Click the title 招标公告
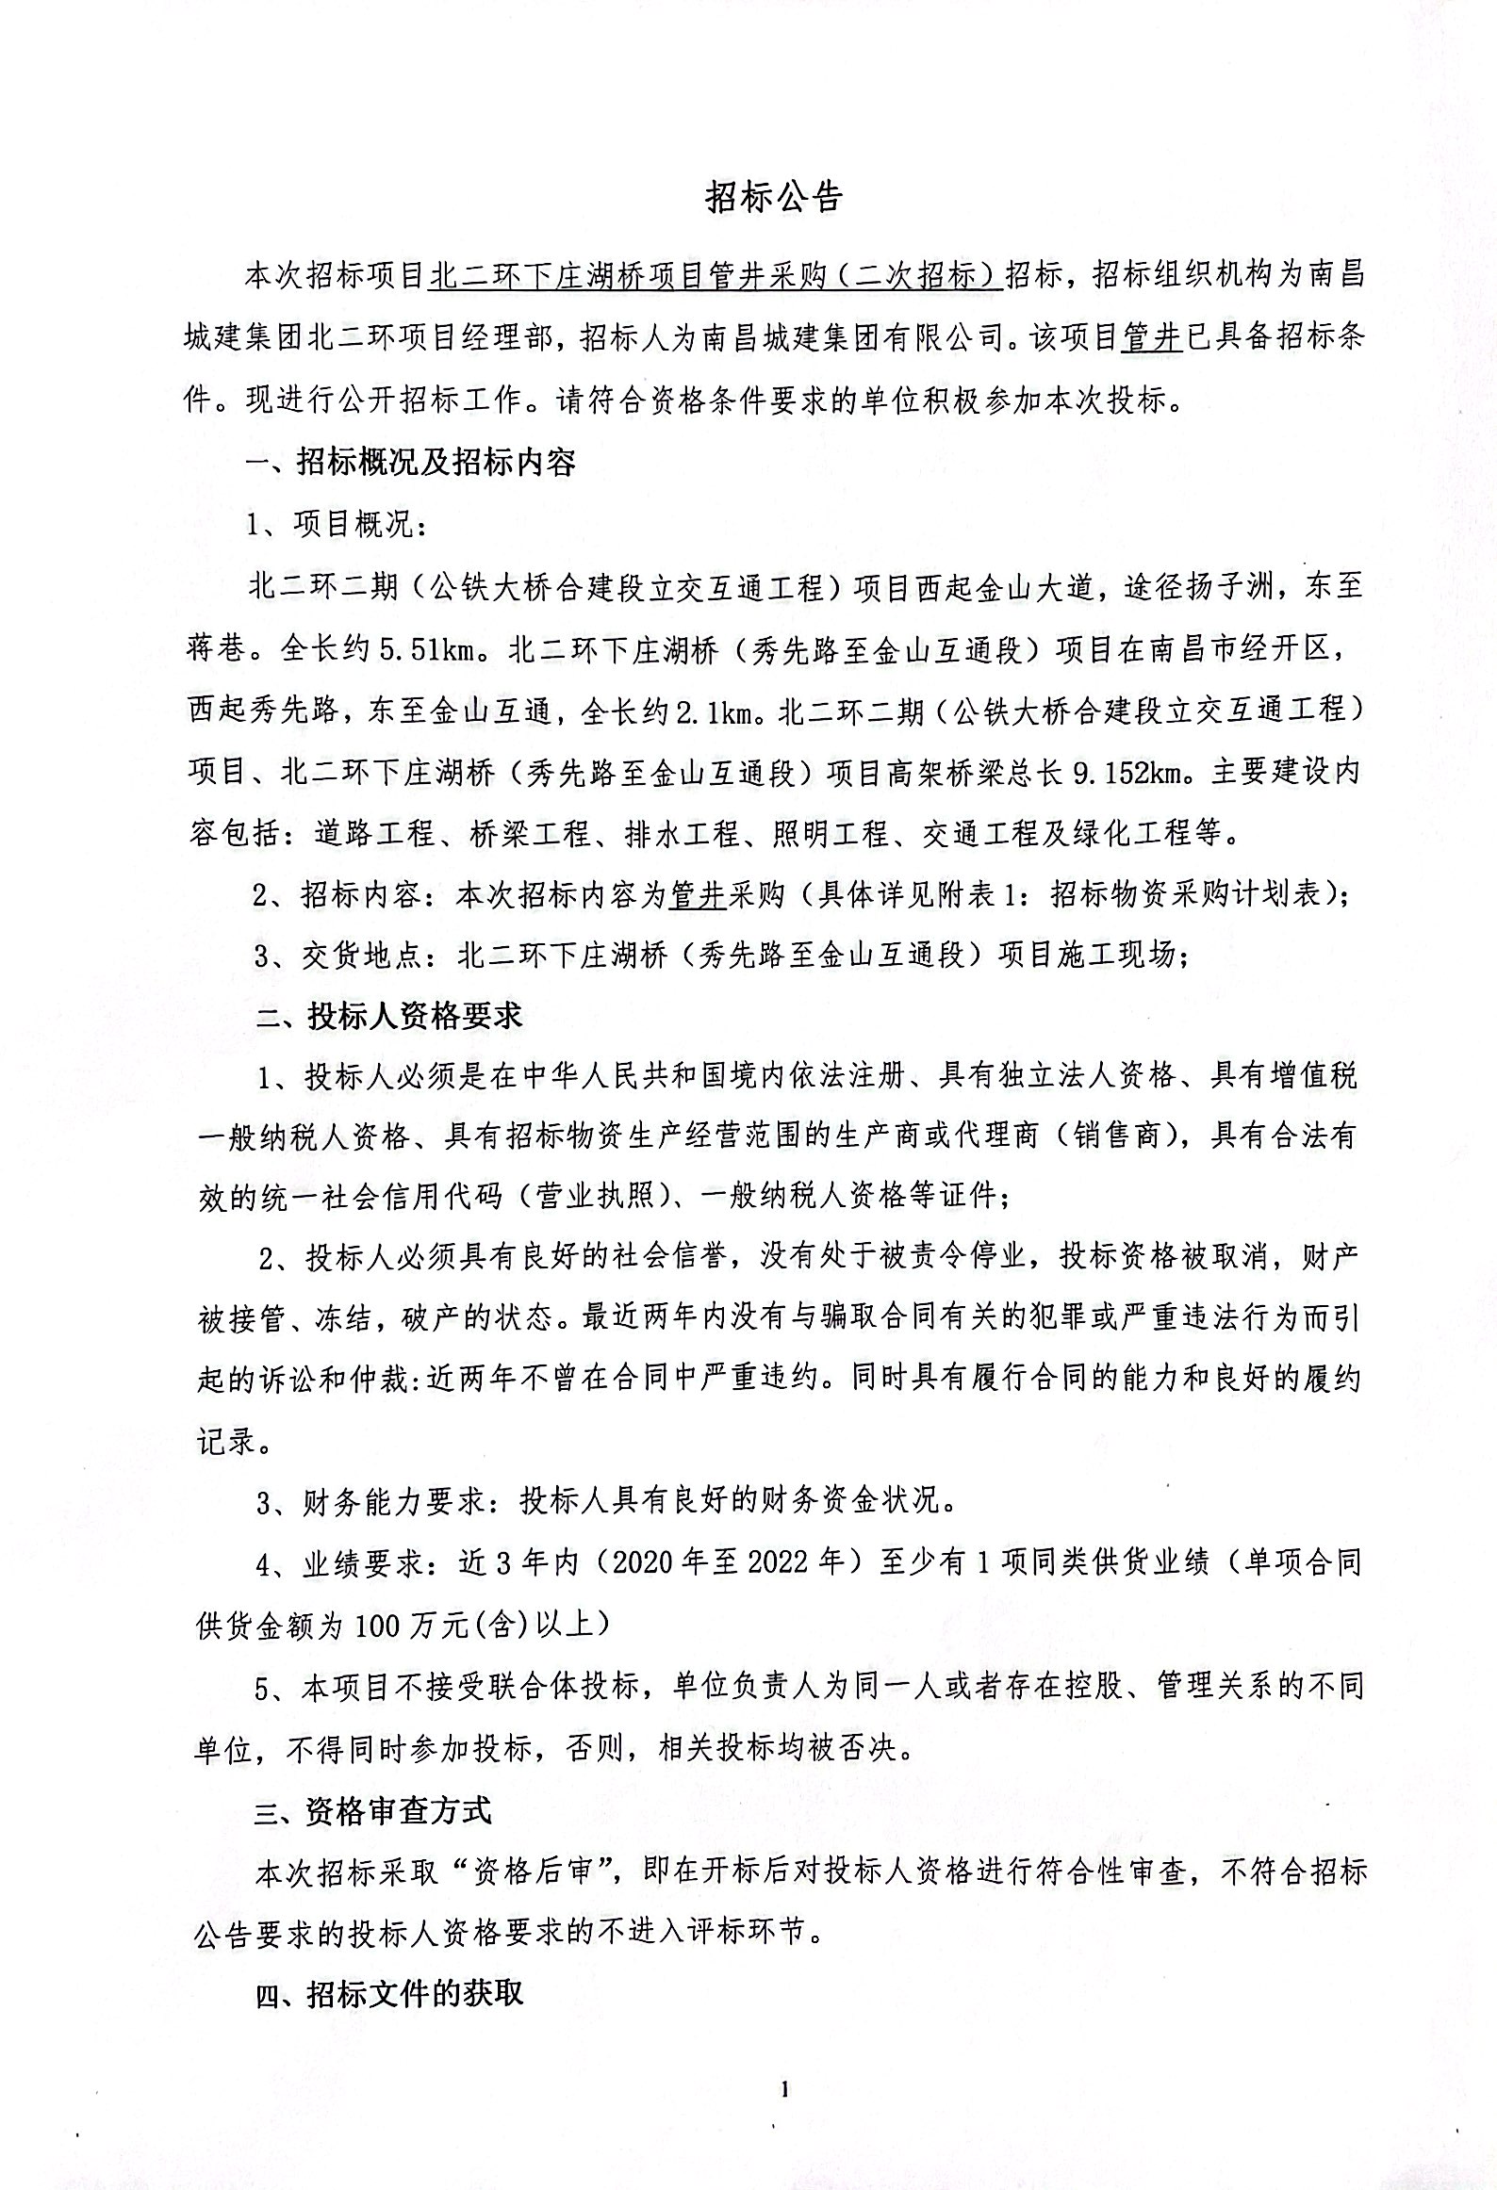tap(774, 197)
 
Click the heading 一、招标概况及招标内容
tap(411, 463)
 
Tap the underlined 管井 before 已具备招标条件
tap(1151, 337)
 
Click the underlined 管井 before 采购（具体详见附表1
tap(698, 894)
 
